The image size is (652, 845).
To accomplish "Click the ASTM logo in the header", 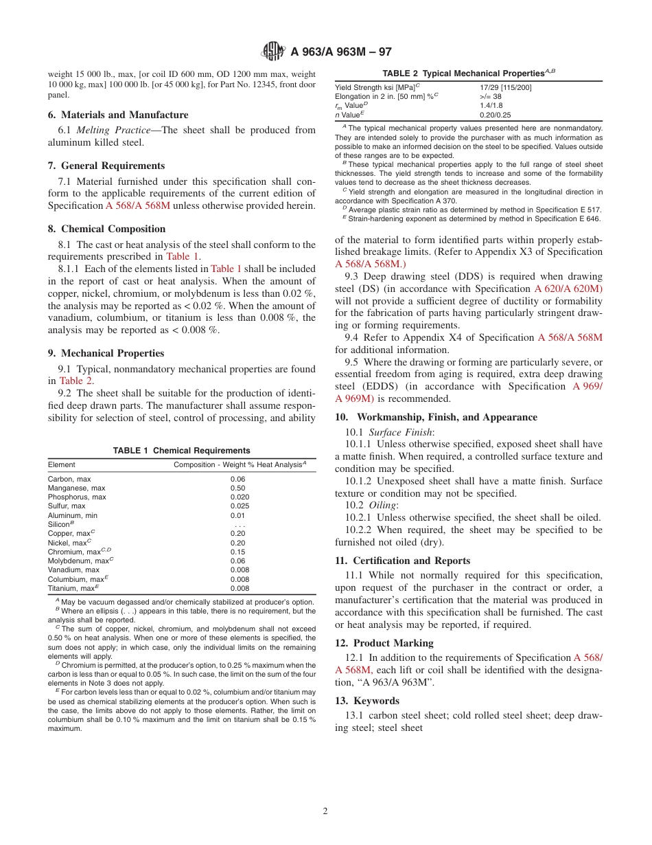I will (274, 51).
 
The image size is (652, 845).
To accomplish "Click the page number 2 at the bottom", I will (325, 811).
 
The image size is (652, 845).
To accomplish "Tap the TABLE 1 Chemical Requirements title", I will (181, 451).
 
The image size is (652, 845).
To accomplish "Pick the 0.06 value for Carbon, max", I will (237, 479).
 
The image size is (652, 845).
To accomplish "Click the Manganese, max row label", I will (76, 488).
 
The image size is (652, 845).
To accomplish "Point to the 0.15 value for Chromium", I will (237, 552).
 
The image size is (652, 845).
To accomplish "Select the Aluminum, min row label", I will (73, 515).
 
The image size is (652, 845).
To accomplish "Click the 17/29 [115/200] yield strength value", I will (505, 87).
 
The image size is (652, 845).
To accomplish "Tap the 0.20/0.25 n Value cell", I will (496, 115).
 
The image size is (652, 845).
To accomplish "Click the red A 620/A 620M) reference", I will (568, 289).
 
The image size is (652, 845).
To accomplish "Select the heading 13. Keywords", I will (366, 701).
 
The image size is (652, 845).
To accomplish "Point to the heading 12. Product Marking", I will (384, 643).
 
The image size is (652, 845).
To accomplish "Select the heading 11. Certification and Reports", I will (402, 561).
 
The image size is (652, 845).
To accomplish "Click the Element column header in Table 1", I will (62, 465).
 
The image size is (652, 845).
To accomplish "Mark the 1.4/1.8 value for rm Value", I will (491, 105).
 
